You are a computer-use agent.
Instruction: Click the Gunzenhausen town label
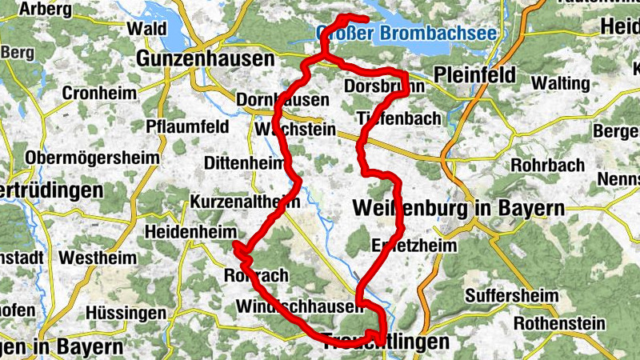coord(206,59)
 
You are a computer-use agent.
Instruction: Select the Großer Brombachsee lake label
coord(406,34)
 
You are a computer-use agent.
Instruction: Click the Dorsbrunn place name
coord(376,86)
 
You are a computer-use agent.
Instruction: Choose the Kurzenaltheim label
coord(245,202)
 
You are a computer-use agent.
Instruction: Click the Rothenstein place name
coord(558,323)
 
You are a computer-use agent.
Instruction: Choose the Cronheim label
coord(99,94)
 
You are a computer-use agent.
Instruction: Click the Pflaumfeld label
coord(187,126)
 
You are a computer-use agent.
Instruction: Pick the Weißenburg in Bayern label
coord(458,209)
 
